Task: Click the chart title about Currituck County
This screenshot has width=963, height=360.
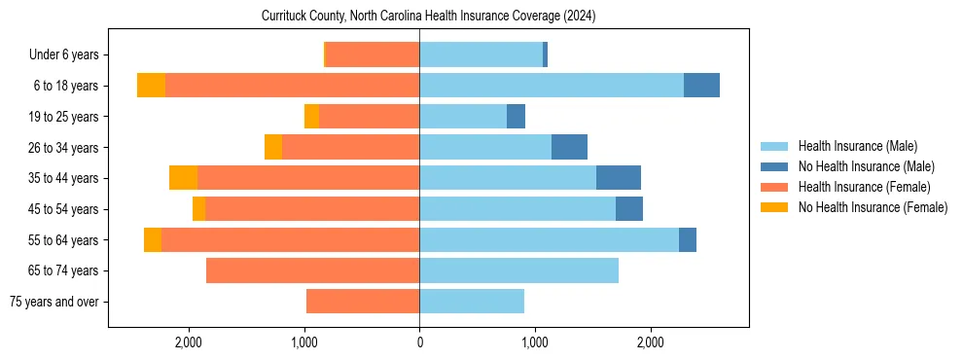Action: (428, 17)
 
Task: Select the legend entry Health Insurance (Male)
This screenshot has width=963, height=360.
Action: (857, 146)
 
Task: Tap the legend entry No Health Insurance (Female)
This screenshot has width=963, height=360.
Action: (873, 207)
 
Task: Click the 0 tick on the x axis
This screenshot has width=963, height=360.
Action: (419, 342)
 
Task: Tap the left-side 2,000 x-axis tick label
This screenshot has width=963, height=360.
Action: (188, 342)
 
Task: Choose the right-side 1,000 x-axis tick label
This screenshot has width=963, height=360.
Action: (535, 342)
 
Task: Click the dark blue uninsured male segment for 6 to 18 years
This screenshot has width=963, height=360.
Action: (701, 86)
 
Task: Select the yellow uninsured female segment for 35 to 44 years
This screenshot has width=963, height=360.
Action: (183, 178)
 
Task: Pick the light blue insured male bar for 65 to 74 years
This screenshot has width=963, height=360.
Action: (518, 270)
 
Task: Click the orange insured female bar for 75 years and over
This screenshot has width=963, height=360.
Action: (363, 302)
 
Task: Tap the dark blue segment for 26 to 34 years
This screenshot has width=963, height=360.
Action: (569, 147)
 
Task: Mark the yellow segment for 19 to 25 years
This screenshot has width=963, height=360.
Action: (311, 117)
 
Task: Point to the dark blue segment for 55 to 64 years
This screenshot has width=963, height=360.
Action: (687, 239)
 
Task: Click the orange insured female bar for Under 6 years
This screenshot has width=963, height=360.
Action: (372, 55)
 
